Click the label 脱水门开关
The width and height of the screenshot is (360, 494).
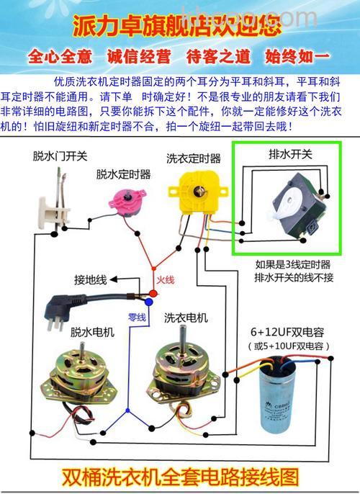pyautogui.click(x=60, y=156)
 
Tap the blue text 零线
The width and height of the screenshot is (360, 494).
pyautogui.click(x=137, y=317)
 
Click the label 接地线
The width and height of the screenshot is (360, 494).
pyautogui.click(x=90, y=279)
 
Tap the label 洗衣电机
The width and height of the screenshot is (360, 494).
pyautogui.click(x=186, y=318)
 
